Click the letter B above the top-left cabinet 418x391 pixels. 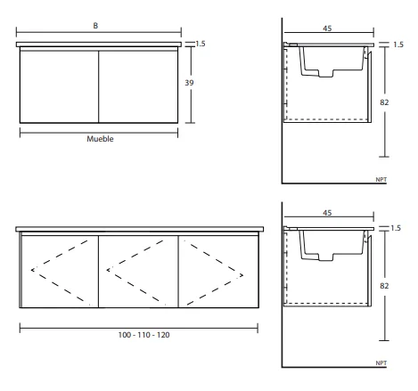coord(95,26)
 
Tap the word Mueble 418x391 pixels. coord(100,139)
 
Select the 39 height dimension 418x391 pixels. coord(189,83)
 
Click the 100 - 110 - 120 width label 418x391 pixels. coord(143,335)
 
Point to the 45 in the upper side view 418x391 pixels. coord(327,29)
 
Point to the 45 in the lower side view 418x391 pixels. coord(327,213)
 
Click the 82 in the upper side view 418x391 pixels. coord(384,102)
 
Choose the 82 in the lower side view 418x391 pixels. coord(384,286)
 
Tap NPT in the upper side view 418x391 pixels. coord(381,180)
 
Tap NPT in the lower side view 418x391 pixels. coord(381,363)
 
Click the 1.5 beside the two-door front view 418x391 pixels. coord(201,44)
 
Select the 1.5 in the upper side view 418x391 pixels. coord(398,45)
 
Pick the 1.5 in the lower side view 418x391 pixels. coord(396,228)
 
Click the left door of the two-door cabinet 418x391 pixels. coord(59,86)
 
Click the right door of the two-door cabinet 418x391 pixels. coord(138,86)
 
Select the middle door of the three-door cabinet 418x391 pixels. coord(138,272)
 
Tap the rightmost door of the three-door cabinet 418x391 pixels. coord(218,272)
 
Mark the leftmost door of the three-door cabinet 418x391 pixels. coord(60,272)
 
